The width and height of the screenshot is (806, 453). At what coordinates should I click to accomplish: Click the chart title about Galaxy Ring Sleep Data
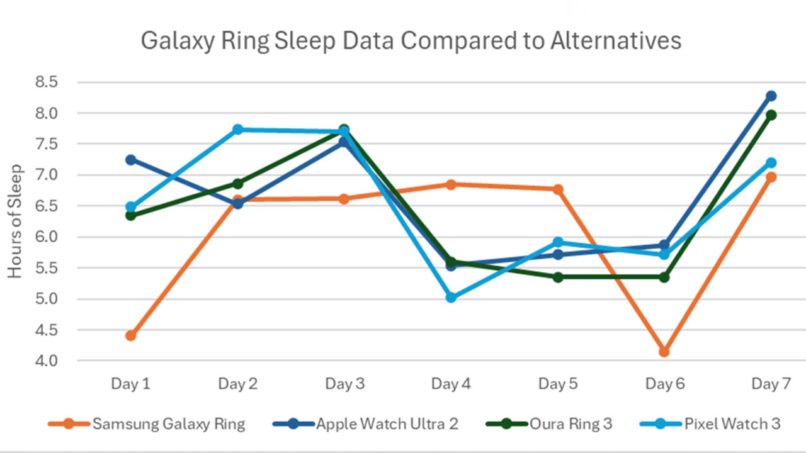[411, 41]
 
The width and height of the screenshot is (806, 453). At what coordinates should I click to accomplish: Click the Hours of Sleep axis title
[15, 221]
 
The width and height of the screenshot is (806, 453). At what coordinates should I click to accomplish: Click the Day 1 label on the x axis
[130, 384]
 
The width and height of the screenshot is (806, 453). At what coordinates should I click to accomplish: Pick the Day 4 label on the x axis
[451, 384]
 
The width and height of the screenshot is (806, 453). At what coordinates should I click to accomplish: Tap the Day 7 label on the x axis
[771, 384]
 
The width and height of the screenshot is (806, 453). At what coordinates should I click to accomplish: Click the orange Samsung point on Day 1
[131, 336]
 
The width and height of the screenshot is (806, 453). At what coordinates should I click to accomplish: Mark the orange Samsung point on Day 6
[664, 352]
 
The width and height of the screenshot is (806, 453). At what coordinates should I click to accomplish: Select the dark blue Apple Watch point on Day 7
[771, 96]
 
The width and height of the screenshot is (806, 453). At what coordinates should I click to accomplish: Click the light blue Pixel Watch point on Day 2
[237, 130]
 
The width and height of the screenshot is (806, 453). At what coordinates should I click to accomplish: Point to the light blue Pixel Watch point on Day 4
[451, 298]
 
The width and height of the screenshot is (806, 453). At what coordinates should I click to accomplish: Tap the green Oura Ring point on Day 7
[771, 115]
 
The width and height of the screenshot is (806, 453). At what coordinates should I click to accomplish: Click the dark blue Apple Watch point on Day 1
[131, 160]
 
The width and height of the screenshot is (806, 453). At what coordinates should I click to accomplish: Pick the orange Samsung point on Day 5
[558, 189]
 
